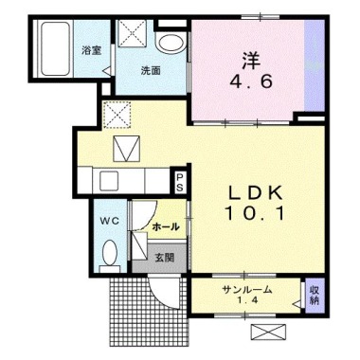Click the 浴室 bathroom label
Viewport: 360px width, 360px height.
click(92, 50)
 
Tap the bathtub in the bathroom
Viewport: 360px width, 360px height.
click(55, 48)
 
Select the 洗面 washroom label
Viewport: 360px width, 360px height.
click(151, 70)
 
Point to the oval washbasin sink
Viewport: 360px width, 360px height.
click(171, 44)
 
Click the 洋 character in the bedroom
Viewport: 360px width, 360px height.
click(251, 61)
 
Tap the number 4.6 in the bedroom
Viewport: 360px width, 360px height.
click(251, 82)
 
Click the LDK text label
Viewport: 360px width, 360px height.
click(255, 192)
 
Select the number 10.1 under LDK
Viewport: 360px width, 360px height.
click(255, 212)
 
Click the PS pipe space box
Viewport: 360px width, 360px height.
click(179, 183)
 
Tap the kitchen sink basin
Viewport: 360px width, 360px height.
click(109, 181)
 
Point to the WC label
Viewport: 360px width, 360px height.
click(110, 221)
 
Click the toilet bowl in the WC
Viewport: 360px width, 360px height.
click(110, 252)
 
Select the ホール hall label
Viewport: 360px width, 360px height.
click(166, 226)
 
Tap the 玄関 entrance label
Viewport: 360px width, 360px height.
click(165, 258)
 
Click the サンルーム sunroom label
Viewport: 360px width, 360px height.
click(247, 289)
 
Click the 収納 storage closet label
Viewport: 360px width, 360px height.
click(314, 295)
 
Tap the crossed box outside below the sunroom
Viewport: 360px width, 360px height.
click(269, 333)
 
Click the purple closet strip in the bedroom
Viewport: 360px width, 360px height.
click(315, 65)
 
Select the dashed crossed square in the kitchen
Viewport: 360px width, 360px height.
click(117, 115)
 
